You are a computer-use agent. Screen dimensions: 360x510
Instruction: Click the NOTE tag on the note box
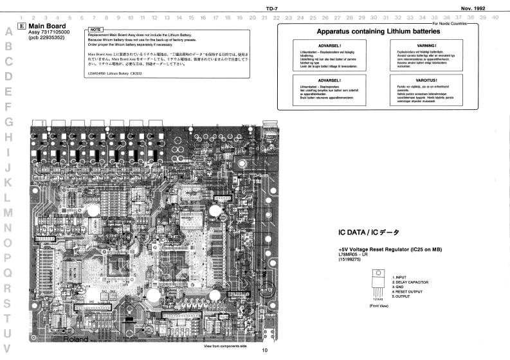(x=95, y=30)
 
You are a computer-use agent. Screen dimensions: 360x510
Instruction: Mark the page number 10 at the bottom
(x=264, y=350)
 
